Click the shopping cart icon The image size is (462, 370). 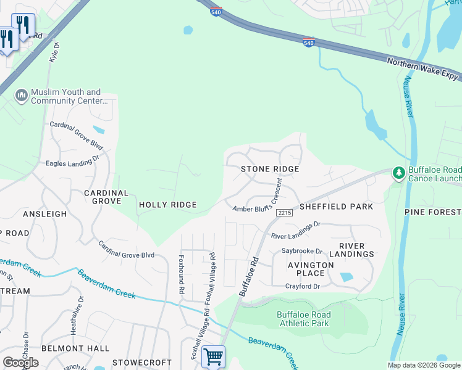(x=213, y=356)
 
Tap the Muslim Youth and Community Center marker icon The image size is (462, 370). (x=21, y=94)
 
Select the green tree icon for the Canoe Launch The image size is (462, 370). (x=399, y=173)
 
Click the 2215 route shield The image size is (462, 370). (x=284, y=213)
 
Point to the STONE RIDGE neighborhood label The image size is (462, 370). (x=270, y=169)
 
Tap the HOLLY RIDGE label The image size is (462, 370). (x=168, y=205)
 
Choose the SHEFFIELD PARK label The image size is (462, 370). (x=336, y=207)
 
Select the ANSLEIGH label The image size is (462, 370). (x=44, y=214)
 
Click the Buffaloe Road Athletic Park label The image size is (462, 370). (x=303, y=319)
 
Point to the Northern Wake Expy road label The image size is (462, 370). (x=423, y=69)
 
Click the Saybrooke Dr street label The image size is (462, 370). (x=302, y=252)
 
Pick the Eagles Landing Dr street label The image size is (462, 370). (x=72, y=162)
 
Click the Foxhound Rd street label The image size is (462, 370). (x=182, y=274)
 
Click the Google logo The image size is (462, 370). (x=21, y=362)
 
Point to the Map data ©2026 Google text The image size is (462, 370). (x=424, y=365)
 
